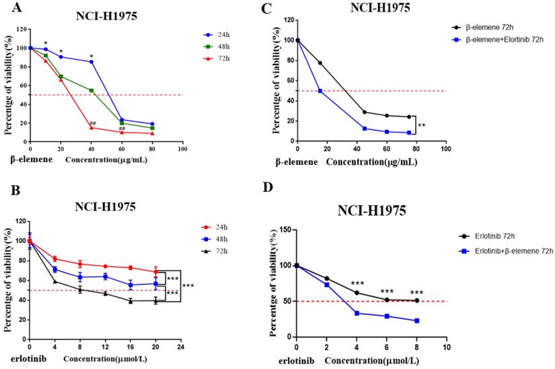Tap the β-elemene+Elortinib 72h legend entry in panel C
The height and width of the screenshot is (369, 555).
click(x=498, y=40)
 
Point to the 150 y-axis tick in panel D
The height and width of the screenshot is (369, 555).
click(x=285, y=230)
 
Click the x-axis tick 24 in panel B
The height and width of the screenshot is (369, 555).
click(x=180, y=347)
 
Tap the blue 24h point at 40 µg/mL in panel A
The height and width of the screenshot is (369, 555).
click(x=91, y=62)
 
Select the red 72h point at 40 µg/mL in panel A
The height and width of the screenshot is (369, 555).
click(x=91, y=128)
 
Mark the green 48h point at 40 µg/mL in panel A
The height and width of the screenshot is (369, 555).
click(x=91, y=90)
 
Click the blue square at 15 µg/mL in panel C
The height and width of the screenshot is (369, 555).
click(x=320, y=91)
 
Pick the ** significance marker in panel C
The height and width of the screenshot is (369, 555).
click(x=421, y=125)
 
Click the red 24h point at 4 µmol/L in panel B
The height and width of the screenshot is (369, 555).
click(x=54, y=259)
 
